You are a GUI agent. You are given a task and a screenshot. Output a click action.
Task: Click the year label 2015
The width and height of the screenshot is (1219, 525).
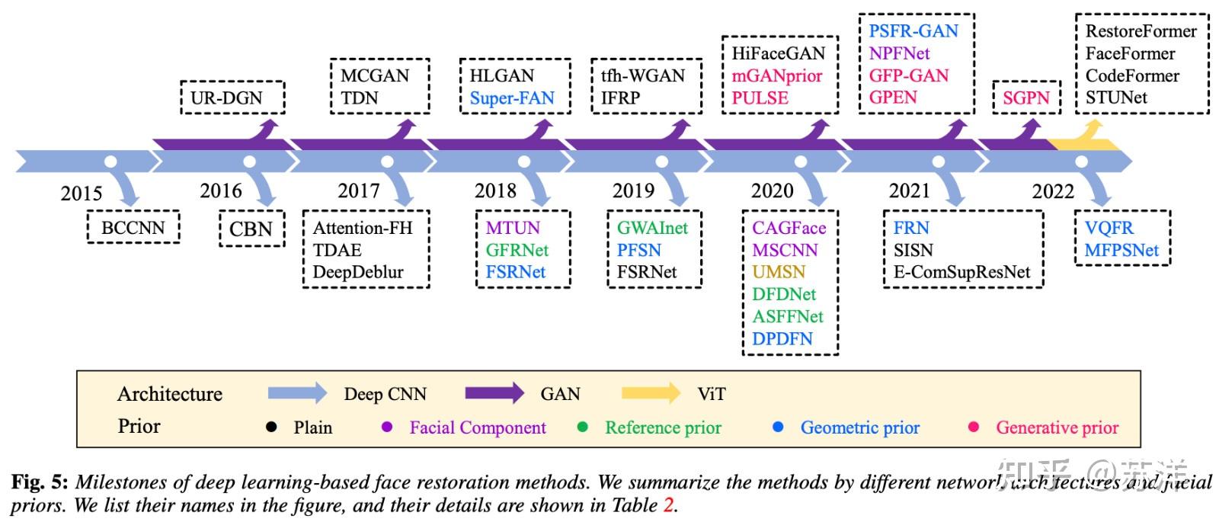pyautogui.click(x=82, y=193)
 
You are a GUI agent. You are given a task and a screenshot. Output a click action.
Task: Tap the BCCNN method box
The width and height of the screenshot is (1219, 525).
pyautogui.click(x=133, y=227)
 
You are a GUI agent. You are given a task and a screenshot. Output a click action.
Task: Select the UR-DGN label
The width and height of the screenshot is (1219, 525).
pyautogui.click(x=226, y=98)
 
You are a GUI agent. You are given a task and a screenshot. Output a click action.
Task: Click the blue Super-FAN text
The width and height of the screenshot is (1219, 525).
pyautogui.click(x=512, y=98)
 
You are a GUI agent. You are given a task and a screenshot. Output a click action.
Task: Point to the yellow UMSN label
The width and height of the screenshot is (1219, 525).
pyautogui.click(x=779, y=272)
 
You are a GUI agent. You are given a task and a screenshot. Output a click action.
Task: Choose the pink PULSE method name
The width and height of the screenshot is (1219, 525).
pyautogui.click(x=760, y=98)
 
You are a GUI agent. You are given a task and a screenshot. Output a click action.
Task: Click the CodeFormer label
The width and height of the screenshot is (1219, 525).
pyautogui.click(x=1131, y=75)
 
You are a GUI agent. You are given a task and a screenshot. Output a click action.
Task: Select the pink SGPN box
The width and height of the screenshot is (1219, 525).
pyautogui.click(x=1025, y=98)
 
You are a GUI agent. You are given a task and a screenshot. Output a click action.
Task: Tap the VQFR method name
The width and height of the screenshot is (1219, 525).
pyautogui.click(x=1109, y=227)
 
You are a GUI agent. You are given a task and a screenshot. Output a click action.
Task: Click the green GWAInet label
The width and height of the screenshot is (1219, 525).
pyautogui.click(x=652, y=227)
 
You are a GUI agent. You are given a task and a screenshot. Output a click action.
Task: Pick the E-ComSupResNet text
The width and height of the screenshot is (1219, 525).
pyautogui.click(x=961, y=272)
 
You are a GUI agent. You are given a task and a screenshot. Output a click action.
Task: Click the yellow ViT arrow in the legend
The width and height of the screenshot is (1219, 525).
pyautogui.click(x=651, y=393)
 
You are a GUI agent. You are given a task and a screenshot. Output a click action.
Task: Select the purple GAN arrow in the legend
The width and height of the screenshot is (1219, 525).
pyautogui.click(x=494, y=393)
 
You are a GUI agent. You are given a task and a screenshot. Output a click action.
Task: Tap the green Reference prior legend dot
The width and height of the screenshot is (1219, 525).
pyautogui.click(x=583, y=427)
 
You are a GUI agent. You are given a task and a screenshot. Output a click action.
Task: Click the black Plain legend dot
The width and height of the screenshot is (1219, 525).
pyautogui.click(x=270, y=427)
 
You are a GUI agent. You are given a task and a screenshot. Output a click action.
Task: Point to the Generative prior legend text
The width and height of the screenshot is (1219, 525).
pyautogui.click(x=1057, y=427)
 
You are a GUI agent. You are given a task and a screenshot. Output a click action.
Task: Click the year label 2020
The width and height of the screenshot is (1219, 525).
pyautogui.click(x=772, y=190)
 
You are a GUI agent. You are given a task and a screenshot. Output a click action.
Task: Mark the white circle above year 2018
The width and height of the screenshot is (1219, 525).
pyautogui.click(x=524, y=162)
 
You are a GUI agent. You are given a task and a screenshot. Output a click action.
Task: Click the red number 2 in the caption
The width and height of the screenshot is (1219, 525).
pyautogui.click(x=668, y=505)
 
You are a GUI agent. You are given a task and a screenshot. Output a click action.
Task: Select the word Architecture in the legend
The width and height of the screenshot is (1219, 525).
pyautogui.click(x=169, y=393)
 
